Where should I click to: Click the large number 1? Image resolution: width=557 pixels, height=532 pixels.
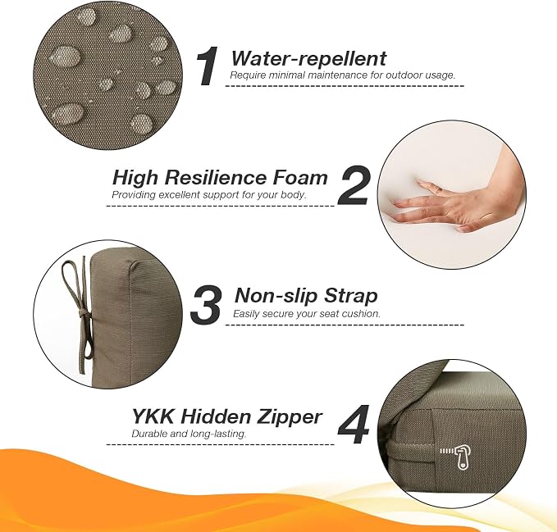pyautogui.click(x=208, y=66)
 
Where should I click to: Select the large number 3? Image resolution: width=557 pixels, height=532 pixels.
pyautogui.click(x=207, y=304)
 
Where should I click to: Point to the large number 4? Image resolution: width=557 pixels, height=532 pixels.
pyautogui.click(x=354, y=425)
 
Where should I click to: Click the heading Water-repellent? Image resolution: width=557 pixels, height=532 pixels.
pyautogui.click(x=308, y=58)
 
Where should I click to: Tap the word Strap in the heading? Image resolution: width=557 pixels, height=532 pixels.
pyautogui.click(x=346, y=297)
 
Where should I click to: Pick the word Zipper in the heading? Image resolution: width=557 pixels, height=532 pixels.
pyautogui.click(x=289, y=417)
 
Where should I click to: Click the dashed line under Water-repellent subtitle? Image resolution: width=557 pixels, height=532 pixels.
pyautogui.click(x=345, y=86)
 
